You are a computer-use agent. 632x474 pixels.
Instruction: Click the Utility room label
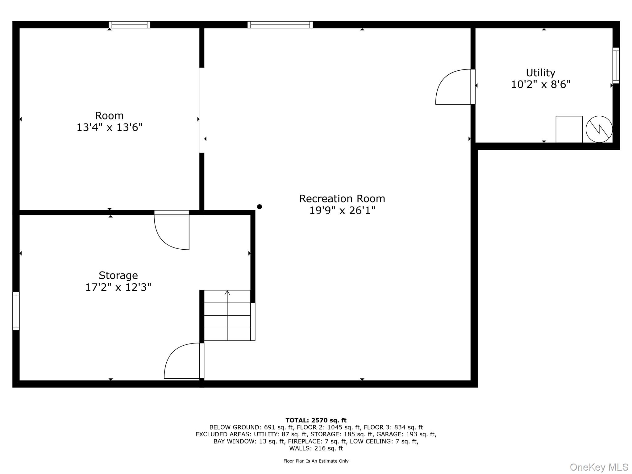tap(540, 73)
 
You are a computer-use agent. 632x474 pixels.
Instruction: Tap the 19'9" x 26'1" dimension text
tap(342, 210)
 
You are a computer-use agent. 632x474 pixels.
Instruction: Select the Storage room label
tap(118, 275)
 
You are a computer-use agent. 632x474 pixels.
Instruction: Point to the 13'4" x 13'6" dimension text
tap(110, 127)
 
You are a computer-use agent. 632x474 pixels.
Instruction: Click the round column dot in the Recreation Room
tap(260, 207)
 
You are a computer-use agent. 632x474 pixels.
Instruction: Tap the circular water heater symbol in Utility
tap(599, 129)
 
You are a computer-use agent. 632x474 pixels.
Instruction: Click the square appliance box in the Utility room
tap(569, 129)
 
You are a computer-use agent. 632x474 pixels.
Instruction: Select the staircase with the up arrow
tap(227, 315)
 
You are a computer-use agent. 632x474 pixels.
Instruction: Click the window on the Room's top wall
tap(130, 25)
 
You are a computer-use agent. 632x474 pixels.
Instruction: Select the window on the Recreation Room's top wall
tap(280, 25)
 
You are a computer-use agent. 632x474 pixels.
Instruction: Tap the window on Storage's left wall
tap(16, 311)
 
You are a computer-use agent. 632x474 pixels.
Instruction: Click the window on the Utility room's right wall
tap(616, 65)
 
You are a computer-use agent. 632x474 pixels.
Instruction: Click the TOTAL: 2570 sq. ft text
tap(316, 420)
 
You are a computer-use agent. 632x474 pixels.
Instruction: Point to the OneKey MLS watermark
tap(599, 467)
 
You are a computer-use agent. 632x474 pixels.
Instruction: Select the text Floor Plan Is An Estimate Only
tap(316, 461)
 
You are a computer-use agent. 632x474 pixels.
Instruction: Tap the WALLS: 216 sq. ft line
tap(316, 448)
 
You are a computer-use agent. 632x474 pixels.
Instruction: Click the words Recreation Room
tap(342, 198)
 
